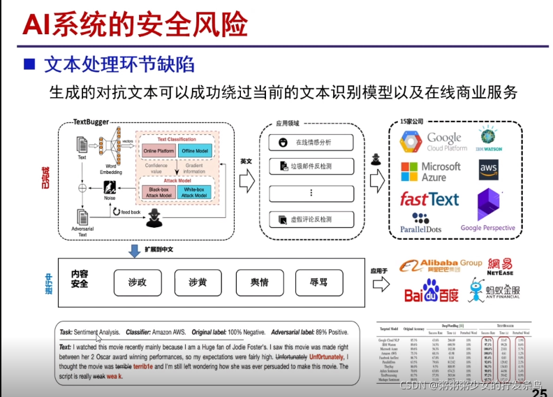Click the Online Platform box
point(159,151)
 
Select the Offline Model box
point(196,151)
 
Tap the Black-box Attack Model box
point(159,192)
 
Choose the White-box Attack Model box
point(196,192)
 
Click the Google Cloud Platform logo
point(433,142)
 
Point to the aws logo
point(489,168)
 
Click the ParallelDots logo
point(422,223)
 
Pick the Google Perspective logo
point(488,210)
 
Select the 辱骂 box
point(318,282)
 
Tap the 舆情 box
point(259,282)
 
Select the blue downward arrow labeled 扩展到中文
point(134,250)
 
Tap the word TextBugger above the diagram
point(91,122)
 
